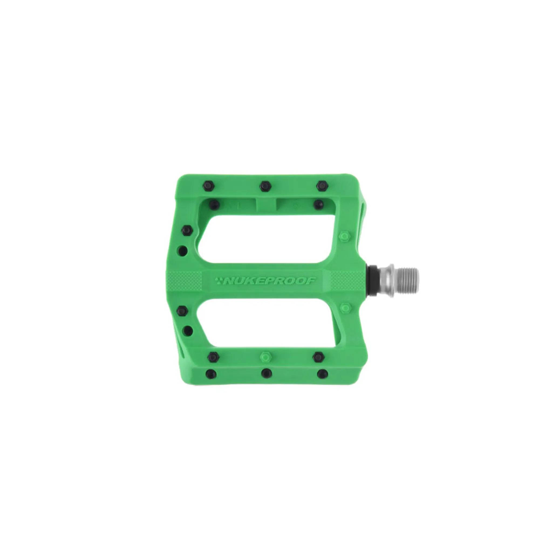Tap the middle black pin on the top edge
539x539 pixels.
[265, 186]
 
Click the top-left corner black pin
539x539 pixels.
[209, 186]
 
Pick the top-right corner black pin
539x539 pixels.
[322, 186]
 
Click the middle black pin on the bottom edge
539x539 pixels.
[267, 373]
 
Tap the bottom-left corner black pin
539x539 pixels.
[211, 373]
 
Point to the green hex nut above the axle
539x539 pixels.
[345, 237]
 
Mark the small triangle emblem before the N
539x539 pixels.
[220, 279]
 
